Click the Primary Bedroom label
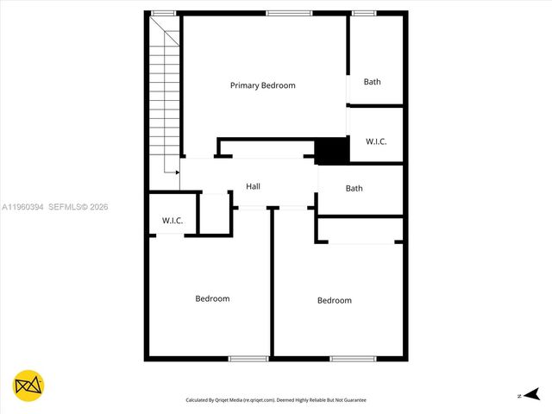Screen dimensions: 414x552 262,85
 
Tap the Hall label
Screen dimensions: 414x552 253,186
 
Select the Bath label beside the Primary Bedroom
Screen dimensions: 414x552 372,82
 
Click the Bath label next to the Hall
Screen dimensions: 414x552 354,188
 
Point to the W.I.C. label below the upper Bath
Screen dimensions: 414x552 375,141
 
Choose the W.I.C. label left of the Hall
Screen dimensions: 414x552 172,221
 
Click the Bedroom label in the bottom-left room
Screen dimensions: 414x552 212,298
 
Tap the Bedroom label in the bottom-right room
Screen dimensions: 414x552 334,300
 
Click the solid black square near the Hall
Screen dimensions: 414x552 331,151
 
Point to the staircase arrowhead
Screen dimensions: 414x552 177,172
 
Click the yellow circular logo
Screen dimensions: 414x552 28,386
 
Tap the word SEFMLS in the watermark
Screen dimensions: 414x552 66,207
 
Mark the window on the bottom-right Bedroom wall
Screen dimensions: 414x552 352,358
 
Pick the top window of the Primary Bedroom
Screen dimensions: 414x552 289,13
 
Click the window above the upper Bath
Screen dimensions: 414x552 364,13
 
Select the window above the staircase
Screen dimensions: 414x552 164,13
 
